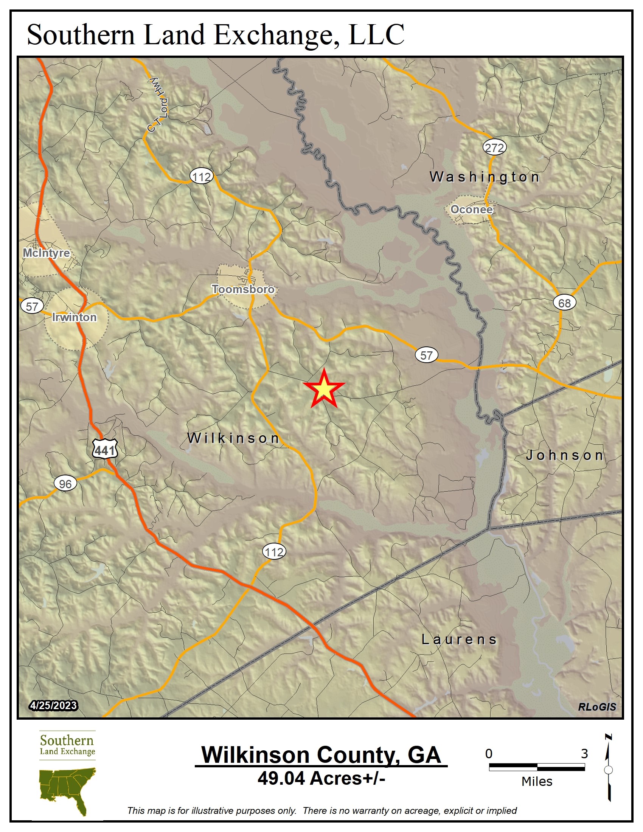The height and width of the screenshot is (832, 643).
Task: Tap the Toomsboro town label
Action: tap(243, 289)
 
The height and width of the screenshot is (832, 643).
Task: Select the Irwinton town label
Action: tap(74, 317)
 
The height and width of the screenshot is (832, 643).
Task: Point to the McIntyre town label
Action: tap(47, 253)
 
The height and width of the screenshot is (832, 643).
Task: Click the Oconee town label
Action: tap(472, 209)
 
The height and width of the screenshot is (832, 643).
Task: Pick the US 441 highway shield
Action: tap(105, 450)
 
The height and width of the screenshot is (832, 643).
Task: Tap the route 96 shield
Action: tap(65, 484)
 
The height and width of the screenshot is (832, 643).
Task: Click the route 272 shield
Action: tap(494, 147)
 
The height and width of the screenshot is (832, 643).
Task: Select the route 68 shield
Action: tap(564, 303)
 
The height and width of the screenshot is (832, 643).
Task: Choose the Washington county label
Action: tap(485, 177)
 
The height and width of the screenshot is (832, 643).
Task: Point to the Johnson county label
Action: tap(565, 455)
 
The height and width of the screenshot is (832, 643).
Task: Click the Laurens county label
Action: tap(459, 639)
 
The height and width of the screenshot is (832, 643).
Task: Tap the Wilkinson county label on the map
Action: tap(233, 438)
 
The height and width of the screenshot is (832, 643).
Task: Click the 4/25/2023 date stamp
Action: tap(53, 706)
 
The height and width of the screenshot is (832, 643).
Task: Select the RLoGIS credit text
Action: tap(596, 707)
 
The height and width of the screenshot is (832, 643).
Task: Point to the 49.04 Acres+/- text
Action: tap(321, 778)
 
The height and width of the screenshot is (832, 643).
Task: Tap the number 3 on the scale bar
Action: tap(584, 753)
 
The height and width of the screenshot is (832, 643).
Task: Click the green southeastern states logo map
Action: tap(68, 790)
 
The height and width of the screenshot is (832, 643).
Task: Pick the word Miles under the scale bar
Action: tap(537, 782)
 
